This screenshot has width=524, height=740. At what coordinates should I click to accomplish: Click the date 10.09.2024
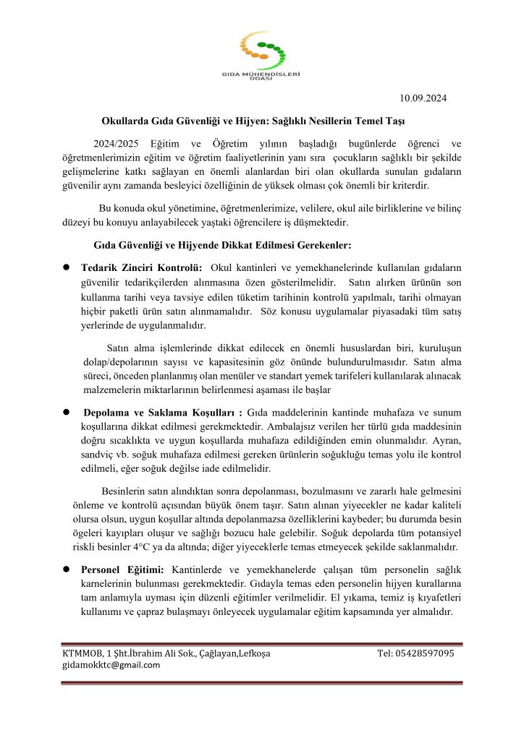coord(428,98)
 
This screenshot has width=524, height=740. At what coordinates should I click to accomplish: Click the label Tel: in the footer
coord(386,653)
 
